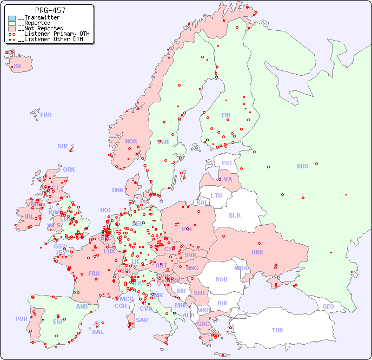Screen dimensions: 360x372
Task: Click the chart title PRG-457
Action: pyautogui.click(x=50, y=10)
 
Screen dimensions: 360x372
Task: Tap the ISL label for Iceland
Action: pyautogui.click(x=18, y=67)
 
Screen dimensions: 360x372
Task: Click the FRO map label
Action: pyautogui.click(x=46, y=115)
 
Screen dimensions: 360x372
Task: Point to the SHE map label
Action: pyautogui.click(x=63, y=146)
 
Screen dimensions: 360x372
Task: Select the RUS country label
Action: pyautogui.click(x=302, y=166)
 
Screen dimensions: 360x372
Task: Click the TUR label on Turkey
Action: pyautogui.click(x=277, y=330)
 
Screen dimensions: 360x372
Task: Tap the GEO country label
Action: pyautogui.click(x=328, y=306)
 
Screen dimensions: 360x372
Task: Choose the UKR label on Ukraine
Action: pyautogui.click(x=257, y=252)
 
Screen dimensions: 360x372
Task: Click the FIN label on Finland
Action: pyautogui.click(x=226, y=115)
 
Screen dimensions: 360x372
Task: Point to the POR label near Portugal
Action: pyautogui.click(x=21, y=319)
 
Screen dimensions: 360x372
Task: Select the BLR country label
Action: pyautogui.click(x=234, y=215)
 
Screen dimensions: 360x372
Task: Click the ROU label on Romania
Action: pyautogui.click(x=221, y=279)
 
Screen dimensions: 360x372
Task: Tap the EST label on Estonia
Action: pyautogui.click(x=227, y=163)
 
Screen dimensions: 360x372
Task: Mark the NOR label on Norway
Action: pyautogui.click(x=131, y=141)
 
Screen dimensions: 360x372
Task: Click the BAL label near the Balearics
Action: pyautogui.click(x=98, y=332)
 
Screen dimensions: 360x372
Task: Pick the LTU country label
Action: pyautogui.click(x=216, y=195)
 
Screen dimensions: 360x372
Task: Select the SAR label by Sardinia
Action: pyautogui.click(x=142, y=320)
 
